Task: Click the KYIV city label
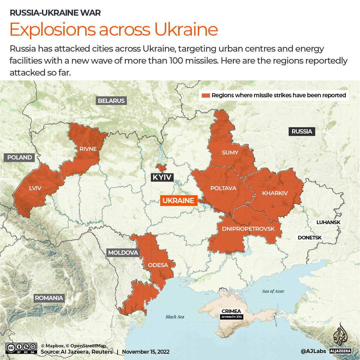(x=162, y=177)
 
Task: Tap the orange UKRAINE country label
(x=178, y=200)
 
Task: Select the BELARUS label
(x=111, y=101)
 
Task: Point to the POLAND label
(x=20, y=158)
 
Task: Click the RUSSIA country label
(x=302, y=132)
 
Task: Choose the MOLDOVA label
(x=123, y=253)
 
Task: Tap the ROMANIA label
(x=49, y=298)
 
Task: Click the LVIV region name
(x=35, y=188)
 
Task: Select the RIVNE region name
(x=88, y=149)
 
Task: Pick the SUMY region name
(x=230, y=153)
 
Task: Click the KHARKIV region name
(x=275, y=193)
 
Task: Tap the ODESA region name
(x=158, y=265)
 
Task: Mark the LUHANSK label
(x=328, y=222)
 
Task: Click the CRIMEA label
(x=231, y=311)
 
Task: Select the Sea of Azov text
(x=273, y=291)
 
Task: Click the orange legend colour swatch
(x=206, y=95)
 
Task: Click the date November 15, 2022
(x=146, y=352)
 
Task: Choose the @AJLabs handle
(x=313, y=351)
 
